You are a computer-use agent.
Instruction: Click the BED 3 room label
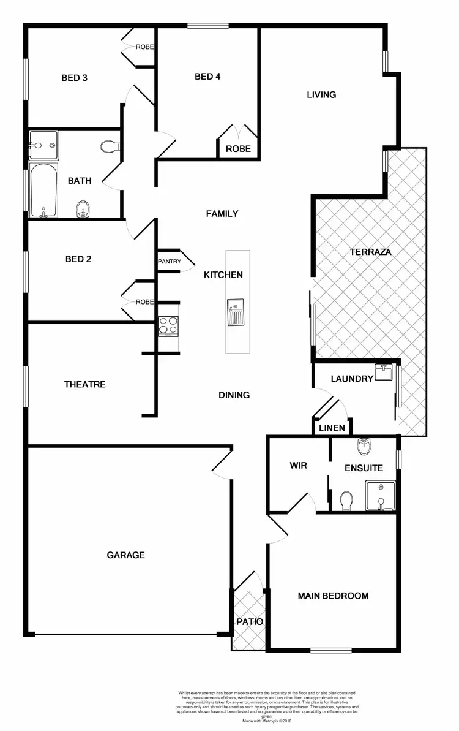75,78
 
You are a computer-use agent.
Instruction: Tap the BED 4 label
207,77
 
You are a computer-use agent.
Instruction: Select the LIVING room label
321,94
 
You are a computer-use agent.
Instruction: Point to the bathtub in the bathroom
43,191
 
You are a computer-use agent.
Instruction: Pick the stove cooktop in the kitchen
168,326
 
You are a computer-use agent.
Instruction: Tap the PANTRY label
170,262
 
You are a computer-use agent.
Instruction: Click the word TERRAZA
370,252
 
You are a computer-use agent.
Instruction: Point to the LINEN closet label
332,428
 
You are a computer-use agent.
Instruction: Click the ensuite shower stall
381,495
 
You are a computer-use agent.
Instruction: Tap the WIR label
298,466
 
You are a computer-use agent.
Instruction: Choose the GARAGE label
126,555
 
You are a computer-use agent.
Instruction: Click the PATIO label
250,621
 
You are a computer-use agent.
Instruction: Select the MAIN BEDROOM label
333,596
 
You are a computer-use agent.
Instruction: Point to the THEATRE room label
85,384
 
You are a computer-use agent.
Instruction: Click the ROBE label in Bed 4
238,149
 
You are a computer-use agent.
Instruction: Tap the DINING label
234,395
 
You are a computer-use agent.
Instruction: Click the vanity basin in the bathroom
43,145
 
